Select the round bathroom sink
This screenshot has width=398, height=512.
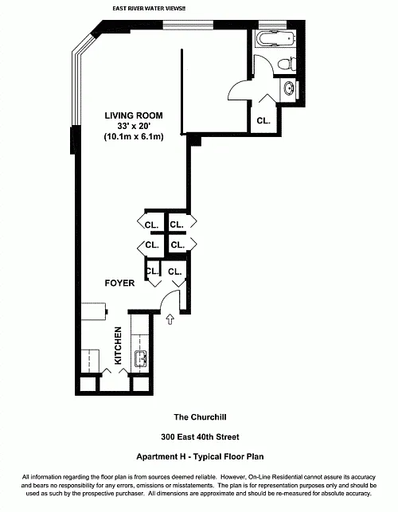(289, 88)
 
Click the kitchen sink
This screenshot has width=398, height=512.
(141, 358)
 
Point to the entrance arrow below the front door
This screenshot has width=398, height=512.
(170, 319)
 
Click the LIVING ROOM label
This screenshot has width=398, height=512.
(134, 115)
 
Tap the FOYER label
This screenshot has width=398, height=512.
(119, 283)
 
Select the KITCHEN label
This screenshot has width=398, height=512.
(118, 346)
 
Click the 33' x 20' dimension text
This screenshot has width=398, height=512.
(134, 126)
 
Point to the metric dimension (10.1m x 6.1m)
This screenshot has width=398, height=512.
(134, 136)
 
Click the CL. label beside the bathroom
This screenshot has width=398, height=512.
(263, 121)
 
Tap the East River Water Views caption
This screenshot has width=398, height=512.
(149, 9)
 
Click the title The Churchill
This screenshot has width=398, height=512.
(200, 417)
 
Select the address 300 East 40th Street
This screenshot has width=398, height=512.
(200, 436)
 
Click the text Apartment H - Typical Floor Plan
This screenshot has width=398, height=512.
(200, 456)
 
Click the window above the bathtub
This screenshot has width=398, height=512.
(272, 24)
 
